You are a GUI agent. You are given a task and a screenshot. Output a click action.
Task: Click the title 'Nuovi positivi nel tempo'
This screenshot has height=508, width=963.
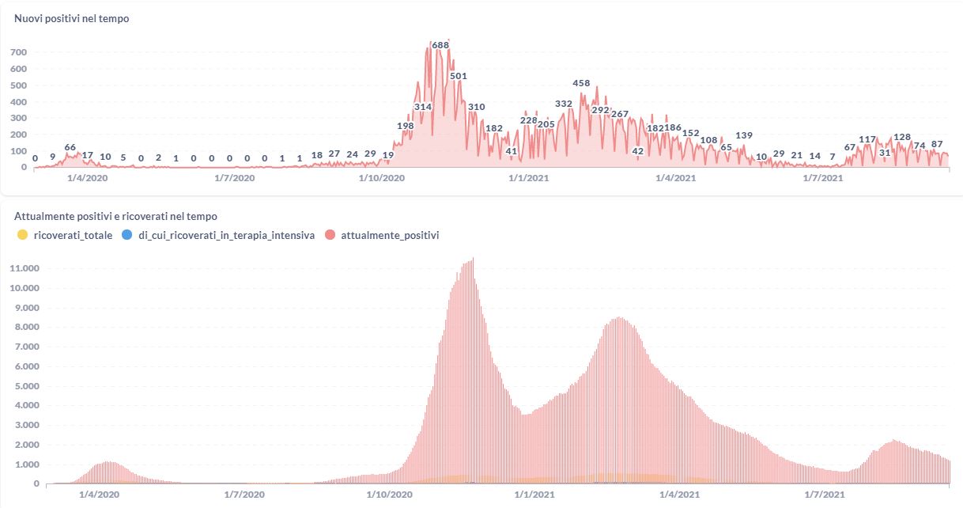[72, 19]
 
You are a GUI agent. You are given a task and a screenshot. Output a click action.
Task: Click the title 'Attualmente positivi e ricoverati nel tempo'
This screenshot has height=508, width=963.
[115, 216]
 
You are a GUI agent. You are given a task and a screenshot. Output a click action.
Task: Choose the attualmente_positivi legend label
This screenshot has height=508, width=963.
[390, 235]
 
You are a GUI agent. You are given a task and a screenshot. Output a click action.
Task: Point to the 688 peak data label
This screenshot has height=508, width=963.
[440, 45]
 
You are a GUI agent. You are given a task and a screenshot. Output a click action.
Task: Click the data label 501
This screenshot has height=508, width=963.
[459, 76]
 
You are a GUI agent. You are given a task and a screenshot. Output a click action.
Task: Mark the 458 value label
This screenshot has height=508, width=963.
[581, 83]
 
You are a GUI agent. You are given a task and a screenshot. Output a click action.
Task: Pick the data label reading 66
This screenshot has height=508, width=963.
[70, 147]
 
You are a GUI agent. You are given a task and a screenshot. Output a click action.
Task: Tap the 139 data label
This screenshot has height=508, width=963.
[744, 136]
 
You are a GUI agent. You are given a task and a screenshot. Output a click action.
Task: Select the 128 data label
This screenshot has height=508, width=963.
[902, 138]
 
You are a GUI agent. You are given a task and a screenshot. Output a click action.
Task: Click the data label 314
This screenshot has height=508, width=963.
[423, 107]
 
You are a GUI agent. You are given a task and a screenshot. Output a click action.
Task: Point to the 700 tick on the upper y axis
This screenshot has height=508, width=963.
[18, 52]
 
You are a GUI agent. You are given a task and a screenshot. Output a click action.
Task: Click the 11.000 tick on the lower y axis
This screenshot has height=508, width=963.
[24, 268]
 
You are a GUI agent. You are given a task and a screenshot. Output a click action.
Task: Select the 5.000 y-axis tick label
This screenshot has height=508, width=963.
[26, 386]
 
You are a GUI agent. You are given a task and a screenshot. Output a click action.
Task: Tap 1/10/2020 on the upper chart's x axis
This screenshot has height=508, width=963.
[381, 179]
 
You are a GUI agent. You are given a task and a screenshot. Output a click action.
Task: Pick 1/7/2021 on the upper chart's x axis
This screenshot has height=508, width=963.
[822, 179]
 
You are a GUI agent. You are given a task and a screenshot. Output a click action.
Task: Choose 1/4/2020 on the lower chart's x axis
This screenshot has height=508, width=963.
[98, 495]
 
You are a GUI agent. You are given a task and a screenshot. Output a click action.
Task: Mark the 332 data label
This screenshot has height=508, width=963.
[564, 104]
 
